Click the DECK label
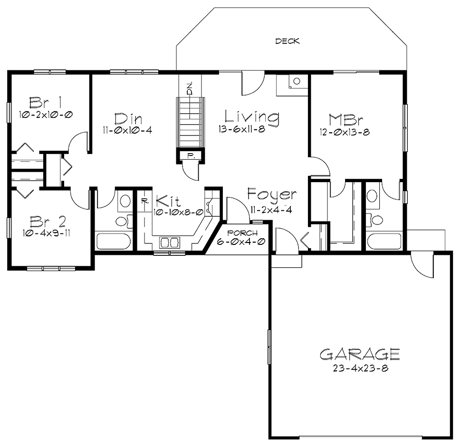[x=288, y=41]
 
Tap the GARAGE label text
[x=359, y=354]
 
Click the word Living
[x=252, y=117]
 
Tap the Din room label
[x=128, y=118]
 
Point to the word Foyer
[x=272, y=194]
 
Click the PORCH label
[x=242, y=233]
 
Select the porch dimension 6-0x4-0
[x=242, y=242]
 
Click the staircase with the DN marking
[x=190, y=121]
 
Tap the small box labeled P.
[x=190, y=155]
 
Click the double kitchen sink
[x=169, y=243]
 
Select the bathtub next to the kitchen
[x=113, y=241]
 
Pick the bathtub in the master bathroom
[x=385, y=241]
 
